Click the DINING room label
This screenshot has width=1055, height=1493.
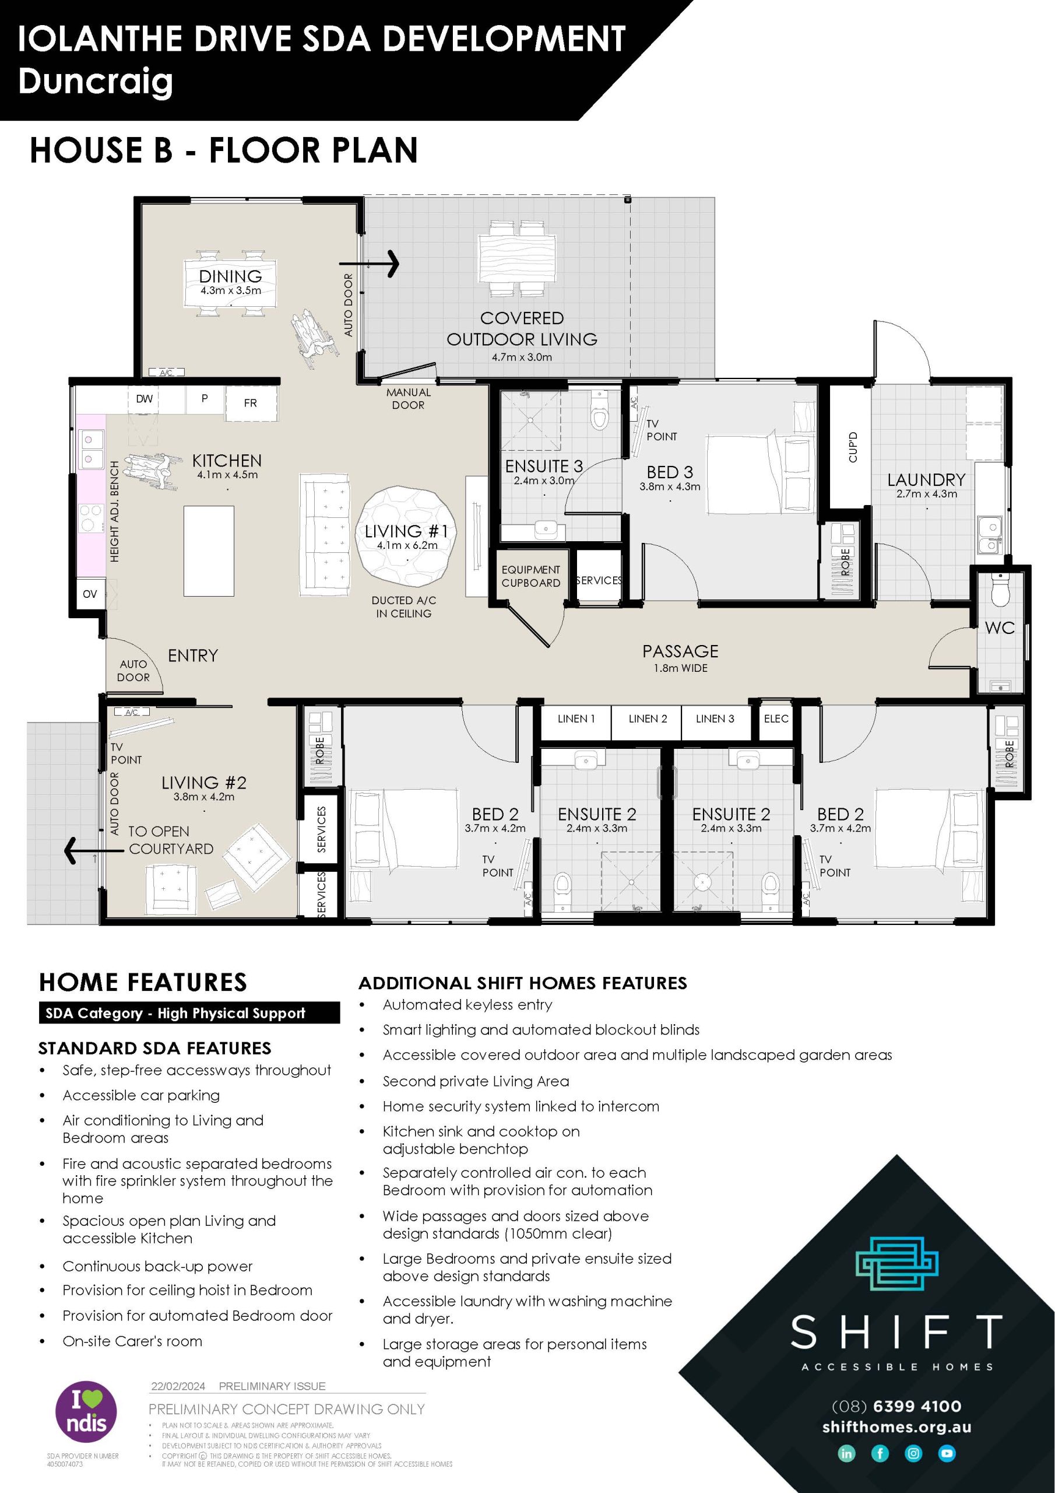[231, 276]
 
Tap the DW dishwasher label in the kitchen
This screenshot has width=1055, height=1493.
[145, 398]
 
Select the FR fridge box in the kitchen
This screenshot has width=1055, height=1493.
[250, 403]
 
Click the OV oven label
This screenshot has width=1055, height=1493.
[90, 594]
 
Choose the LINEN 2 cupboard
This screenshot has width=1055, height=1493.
[648, 719]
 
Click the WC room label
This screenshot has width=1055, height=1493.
[999, 628]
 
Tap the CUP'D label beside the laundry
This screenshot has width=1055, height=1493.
[853, 447]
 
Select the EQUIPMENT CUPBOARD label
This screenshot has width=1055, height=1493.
[530, 576]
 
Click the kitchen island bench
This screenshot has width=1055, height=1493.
[209, 552]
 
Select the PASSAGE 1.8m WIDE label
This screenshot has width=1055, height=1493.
[680, 657]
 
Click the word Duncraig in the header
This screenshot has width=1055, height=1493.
[96, 81]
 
